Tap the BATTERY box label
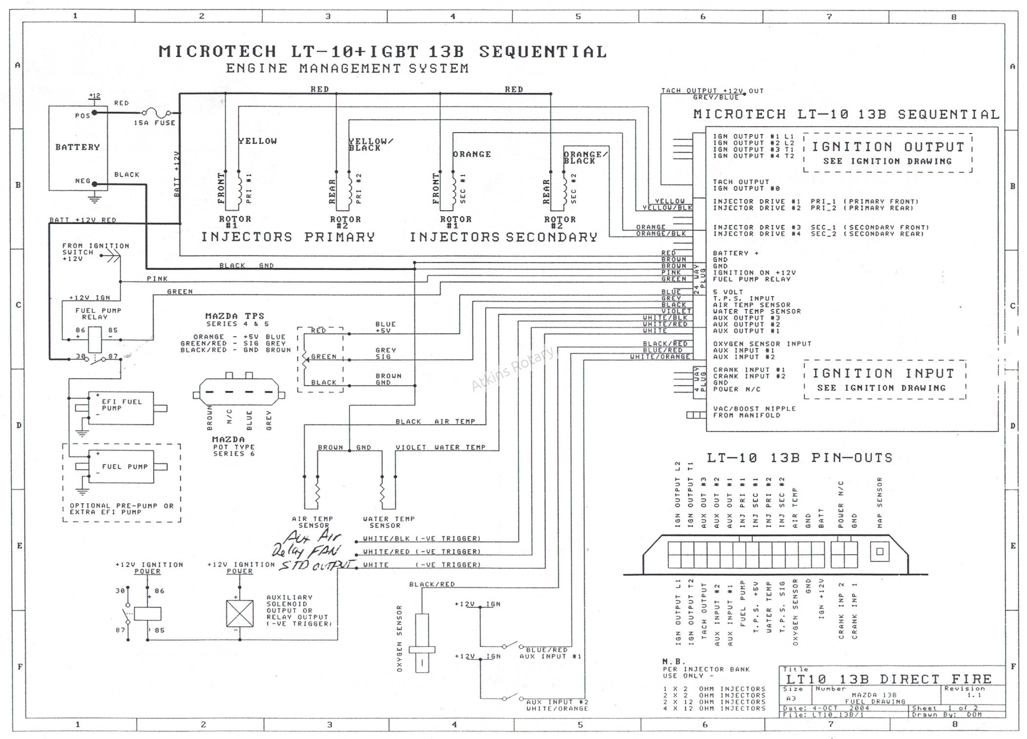click(78, 147)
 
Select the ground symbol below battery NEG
click(95, 197)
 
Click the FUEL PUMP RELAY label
click(98, 314)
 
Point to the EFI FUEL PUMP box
click(121, 407)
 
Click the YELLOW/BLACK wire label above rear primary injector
click(370, 145)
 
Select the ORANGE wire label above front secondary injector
click(472, 154)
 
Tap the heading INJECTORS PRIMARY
click(288, 237)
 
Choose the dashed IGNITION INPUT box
click(884, 380)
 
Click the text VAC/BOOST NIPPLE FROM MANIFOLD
click(754, 412)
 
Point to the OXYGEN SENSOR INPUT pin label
click(762, 344)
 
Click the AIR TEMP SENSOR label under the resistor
click(313, 522)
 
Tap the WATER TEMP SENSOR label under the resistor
click(388, 522)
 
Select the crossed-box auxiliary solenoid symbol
click(240, 613)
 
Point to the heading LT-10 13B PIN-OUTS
click(799, 458)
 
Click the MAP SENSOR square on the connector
click(880, 552)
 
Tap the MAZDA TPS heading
click(234, 316)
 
